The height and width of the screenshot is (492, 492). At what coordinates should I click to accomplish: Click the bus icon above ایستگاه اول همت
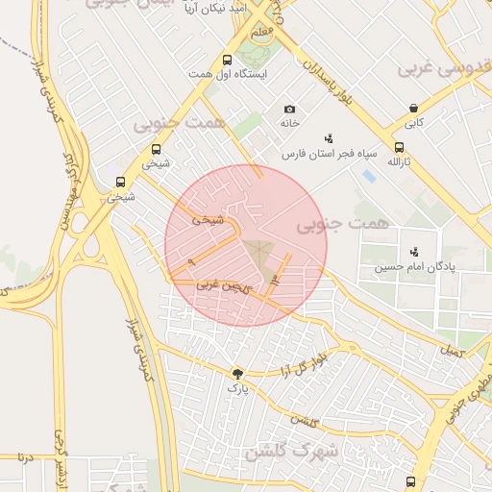228,60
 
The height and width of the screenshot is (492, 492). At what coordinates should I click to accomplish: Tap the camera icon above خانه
289,110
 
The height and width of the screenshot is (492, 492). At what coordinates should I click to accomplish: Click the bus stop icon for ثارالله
398,148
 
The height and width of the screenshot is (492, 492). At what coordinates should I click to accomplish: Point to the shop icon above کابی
412,109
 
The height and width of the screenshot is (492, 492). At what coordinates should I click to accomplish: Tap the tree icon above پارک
236,373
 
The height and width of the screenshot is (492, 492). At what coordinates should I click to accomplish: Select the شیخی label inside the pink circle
208,219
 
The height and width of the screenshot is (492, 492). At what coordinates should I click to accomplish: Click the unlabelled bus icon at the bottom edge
411,480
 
